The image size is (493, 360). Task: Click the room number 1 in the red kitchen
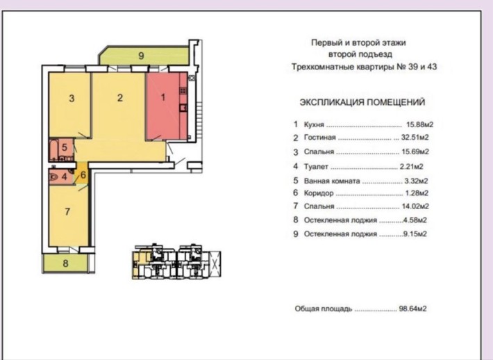(163, 97)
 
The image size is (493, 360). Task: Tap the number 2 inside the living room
(120, 97)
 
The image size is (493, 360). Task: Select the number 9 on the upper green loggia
(141, 56)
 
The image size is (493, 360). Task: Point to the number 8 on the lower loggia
(65, 263)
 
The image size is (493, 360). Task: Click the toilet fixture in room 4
(54, 177)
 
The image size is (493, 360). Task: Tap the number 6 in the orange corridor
(83, 174)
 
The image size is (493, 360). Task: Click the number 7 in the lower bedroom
(67, 211)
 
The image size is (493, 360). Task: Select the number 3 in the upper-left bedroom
(72, 98)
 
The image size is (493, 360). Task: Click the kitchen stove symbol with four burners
(183, 91)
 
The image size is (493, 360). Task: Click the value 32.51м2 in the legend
(415, 138)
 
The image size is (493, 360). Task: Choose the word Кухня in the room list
(314, 124)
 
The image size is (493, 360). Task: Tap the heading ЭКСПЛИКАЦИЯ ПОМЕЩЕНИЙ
(362, 102)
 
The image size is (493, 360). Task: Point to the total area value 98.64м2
(413, 309)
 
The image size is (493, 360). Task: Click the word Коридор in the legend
(319, 193)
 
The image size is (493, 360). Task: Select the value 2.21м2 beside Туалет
(412, 167)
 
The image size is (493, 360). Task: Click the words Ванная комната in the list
(332, 181)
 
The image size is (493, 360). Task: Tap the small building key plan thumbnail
(176, 261)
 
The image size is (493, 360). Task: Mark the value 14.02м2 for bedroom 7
(415, 206)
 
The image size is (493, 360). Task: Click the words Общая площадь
(323, 309)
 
